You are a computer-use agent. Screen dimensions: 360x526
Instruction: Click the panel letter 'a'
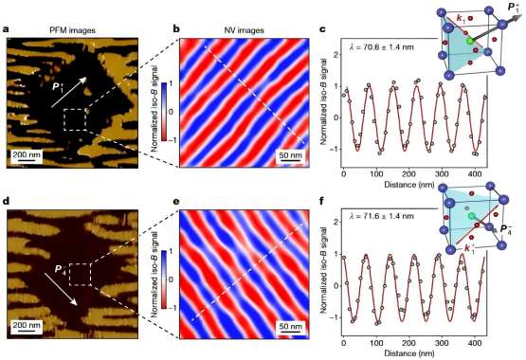click(7, 13)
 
